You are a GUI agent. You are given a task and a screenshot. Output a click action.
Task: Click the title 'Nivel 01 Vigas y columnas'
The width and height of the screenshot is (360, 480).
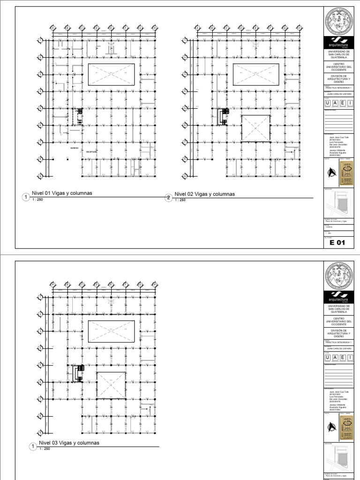tap(61, 193)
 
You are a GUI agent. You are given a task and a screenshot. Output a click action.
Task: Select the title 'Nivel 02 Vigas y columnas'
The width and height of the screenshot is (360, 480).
tap(204, 194)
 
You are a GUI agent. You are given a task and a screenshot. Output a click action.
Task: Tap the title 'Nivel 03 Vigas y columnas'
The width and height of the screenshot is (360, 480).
tap(68, 442)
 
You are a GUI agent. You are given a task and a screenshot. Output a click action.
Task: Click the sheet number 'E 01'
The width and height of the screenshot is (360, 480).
tap(337, 243)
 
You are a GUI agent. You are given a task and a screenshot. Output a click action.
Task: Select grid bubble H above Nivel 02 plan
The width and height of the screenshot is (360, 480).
tap(298, 28)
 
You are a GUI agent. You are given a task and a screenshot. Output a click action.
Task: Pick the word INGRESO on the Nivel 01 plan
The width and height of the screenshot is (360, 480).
tap(74, 148)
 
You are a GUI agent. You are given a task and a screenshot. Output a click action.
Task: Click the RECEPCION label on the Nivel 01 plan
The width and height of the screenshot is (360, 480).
tap(91, 152)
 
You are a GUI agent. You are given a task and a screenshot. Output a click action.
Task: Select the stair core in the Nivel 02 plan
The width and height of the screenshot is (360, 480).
tap(223, 116)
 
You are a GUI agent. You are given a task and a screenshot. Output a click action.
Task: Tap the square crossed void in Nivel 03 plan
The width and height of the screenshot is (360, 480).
tap(111, 386)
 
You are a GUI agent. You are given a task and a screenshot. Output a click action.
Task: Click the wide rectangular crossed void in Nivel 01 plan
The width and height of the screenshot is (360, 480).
tap(111, 74)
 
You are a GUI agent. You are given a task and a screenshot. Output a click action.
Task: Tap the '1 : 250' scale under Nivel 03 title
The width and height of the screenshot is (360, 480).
tap(45, 449)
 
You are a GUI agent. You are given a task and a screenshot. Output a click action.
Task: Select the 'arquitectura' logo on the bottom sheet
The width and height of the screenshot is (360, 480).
tap(337, 296)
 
